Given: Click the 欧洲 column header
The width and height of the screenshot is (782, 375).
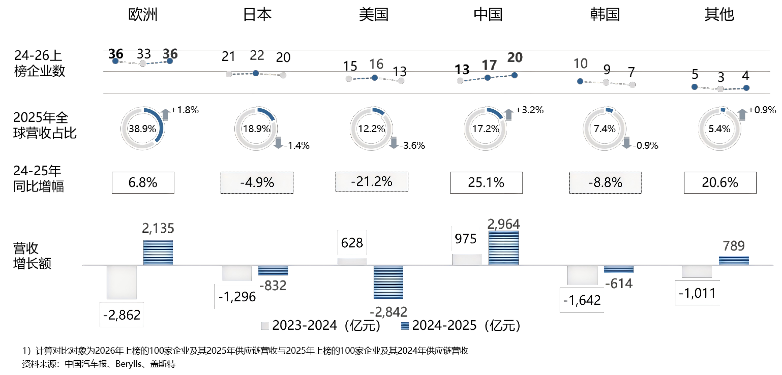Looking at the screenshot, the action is (x=143, y=14).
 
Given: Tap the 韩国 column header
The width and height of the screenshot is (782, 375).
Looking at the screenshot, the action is (x=605, y=14).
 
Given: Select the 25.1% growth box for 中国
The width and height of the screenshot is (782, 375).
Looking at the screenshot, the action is (x=486, y=183).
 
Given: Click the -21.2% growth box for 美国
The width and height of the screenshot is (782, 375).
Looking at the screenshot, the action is (x=372, y=182).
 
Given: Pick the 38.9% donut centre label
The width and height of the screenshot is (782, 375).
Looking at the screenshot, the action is (x=142, y=129).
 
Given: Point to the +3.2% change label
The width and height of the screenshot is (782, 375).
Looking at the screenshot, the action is (x=530, y=110).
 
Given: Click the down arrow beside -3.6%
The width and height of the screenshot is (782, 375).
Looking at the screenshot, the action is (x=394, y=143).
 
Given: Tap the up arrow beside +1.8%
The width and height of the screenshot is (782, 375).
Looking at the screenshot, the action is (x=166, y=115).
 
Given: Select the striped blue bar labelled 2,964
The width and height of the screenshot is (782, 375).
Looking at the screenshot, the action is (x=503, y=248).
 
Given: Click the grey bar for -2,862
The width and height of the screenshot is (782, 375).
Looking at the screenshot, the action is (x=122, y=282).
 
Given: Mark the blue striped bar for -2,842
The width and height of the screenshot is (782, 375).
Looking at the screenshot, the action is (x=388, y=282).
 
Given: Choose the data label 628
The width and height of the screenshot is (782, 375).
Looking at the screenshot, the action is (x=352, y=243).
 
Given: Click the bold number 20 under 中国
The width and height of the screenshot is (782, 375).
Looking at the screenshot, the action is (x=515, y=57).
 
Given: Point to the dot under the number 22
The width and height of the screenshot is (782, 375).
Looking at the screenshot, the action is (x=256, y=73).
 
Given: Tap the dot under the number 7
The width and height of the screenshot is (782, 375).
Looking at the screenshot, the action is (x=632, y=85).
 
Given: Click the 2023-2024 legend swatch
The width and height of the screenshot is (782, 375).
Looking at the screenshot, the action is (x=265, y=326).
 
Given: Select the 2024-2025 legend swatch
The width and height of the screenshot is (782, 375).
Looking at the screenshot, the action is (x=405, y=326).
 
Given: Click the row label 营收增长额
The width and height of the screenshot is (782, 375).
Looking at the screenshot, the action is (x=32, y=256).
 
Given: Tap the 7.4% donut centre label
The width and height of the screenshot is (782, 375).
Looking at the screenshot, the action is (x=605, y=129).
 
